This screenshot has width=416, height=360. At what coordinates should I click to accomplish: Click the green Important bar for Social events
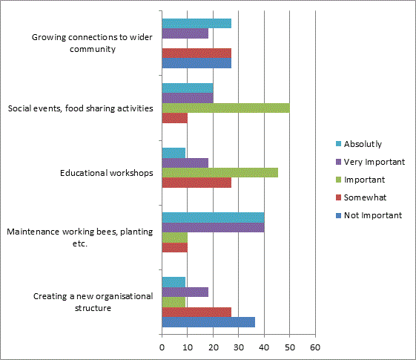click(225, 108)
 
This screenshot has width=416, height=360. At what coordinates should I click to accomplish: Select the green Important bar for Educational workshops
click(220, 172)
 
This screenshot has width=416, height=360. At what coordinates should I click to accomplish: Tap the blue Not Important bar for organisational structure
click(208, 322)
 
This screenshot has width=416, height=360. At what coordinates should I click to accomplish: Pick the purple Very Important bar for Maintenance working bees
click(213, 228)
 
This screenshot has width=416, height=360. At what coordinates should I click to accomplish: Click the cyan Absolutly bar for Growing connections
click(197, 23)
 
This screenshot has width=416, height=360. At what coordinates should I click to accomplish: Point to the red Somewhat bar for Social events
click(174, 118)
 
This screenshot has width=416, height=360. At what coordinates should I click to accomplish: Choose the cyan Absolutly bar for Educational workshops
click(174, 153)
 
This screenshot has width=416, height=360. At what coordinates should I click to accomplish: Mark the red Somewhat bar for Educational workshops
click(197, 183)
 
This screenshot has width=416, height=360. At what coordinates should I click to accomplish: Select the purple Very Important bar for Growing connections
click(185, 33)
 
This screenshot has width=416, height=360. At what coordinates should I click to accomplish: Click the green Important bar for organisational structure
click(174, 302)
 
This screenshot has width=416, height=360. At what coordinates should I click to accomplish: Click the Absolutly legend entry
click(359, 144)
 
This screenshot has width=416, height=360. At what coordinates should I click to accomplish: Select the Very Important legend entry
click(370, 162)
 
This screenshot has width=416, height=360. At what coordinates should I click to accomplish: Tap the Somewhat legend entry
click(361, 197)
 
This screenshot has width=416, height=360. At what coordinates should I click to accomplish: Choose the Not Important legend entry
click(369, 215)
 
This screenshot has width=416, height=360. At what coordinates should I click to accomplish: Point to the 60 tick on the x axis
click(315, 347)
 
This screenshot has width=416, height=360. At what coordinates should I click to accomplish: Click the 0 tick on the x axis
click(162, 347)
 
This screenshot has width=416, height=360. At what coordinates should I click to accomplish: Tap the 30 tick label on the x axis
click(239, 347)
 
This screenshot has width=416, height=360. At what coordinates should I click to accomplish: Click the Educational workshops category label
click(106, 173)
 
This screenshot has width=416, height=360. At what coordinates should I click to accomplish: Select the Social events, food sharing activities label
click(80, 108)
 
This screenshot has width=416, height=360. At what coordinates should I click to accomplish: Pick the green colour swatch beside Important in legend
click(338, 180)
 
